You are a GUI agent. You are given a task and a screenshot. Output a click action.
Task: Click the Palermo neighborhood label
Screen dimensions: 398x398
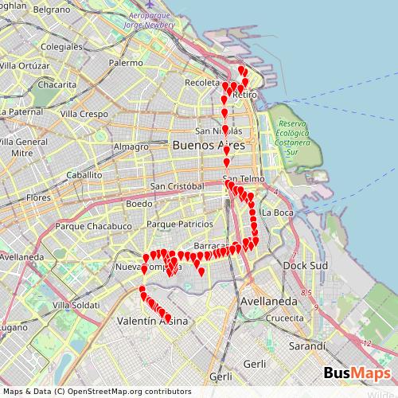click(x=127, y=62)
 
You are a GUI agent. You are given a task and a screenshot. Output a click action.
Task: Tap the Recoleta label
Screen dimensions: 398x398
click(x=201, y=82)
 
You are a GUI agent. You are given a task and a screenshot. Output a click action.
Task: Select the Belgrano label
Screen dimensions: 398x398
click(x=52, y=10)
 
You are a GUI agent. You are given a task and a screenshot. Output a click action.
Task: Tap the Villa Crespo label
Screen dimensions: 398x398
click(x=84, y=115)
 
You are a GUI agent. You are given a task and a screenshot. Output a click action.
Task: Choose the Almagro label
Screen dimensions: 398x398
click(x=131, y=146)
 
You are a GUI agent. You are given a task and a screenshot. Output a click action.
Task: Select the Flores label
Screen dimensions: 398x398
click(x=38, y=197)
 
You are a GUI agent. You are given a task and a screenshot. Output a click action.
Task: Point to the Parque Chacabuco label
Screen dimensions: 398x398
click(x=94, y=226)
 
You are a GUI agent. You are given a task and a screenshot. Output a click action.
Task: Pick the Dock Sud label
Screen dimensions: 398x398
click(x=300, y=265)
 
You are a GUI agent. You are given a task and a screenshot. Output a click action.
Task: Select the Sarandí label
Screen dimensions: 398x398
click(x=307, y=346)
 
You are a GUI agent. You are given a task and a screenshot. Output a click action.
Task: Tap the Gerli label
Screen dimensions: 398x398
click(x=256, y=363)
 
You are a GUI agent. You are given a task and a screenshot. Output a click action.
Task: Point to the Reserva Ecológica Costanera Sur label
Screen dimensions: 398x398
click(x=292, y=132)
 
